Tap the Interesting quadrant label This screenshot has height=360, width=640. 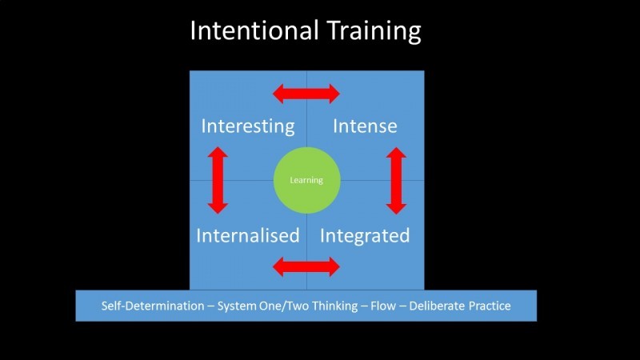pyautogui.click(x=247, y=126)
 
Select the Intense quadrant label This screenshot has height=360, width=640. pyautogui.click(x=365, y=126)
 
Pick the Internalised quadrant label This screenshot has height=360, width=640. pyautogui.click(x=247, y=236)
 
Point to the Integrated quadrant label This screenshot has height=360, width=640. pyautogui.click(x=365, y=236)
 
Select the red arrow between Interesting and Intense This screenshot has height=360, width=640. pyautogui.click(x=306, y=94)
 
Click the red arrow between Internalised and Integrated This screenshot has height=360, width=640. pyautogui.click(x=306, y=266)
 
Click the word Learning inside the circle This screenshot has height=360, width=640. pyautogui.click(x=306, y=180)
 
